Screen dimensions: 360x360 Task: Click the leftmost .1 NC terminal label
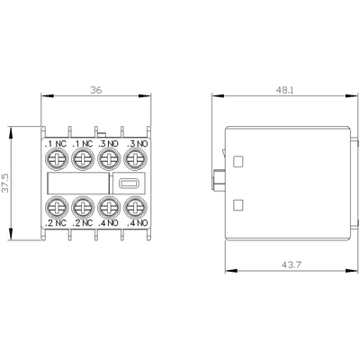(54, 143)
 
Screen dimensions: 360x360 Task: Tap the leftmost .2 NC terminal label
(54, 221)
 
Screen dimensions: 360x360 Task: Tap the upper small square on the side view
(238, 163)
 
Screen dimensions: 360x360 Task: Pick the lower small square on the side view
(238, 204)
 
